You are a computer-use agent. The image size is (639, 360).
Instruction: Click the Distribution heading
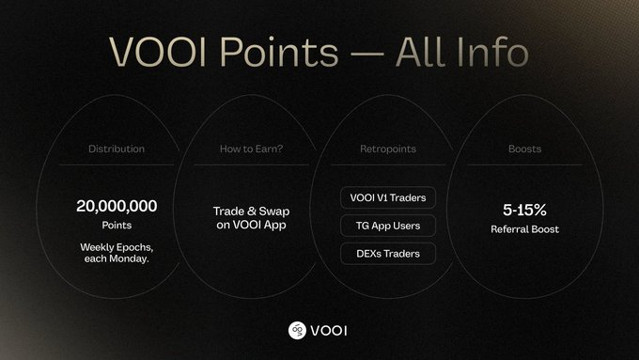[117, 149]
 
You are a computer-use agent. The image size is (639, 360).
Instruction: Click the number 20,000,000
[117, 205]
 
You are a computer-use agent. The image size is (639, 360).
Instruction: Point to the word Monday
[134, 259]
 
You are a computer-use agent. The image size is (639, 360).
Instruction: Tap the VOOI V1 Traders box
[387, 198]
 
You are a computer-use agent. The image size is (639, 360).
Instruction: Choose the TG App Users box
[387, 226]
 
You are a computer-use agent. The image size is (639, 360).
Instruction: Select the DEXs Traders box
[387, 253]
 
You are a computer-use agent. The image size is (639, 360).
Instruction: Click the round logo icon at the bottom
[298, 329]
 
